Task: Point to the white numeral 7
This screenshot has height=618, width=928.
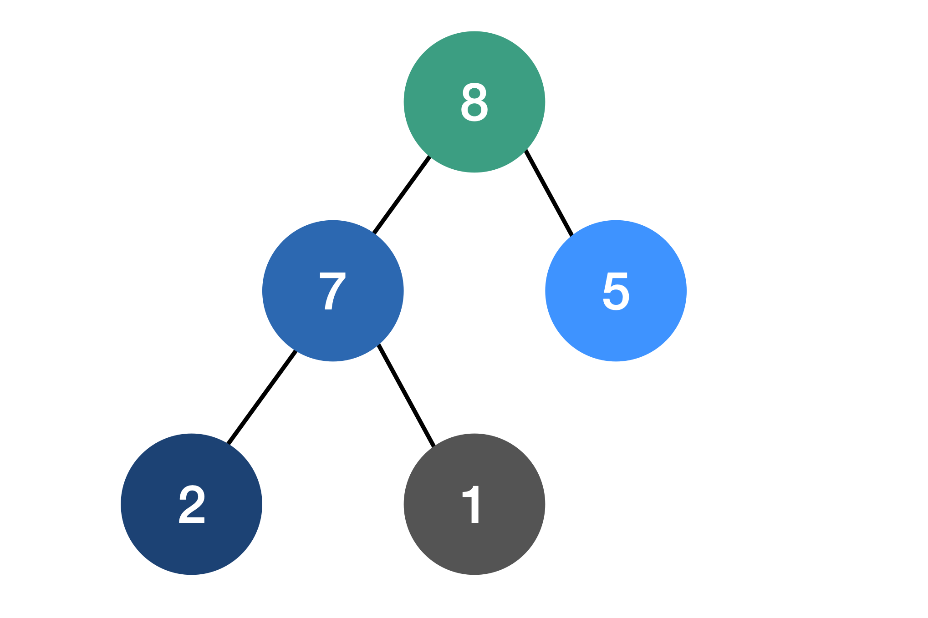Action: pyautogui.click(x=332, y=291)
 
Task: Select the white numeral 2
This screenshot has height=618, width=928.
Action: pyautogui.click(x=191, y=504)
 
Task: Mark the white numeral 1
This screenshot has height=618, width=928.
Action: pyautogui.click(x=472, y=504)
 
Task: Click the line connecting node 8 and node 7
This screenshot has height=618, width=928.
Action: pyautogui.click(x=402, y=195)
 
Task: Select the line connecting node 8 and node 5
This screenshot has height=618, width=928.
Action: pyautogui.click(x=549, y=192)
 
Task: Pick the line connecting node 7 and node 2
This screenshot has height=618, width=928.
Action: pyautogui.click(x=262, y=397)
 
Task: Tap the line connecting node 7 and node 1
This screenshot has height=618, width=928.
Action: pyautogui.click(x=406, y=395)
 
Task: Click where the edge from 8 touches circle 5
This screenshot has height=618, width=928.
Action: pyautogui.click(x=572, y=235)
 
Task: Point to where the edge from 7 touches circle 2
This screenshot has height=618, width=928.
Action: pyautogui.click(x=228, y=444)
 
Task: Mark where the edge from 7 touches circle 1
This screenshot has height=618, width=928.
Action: pyautogui.click(x=434, y=446)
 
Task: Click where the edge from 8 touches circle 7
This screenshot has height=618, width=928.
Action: pyautogui.click(x=374, y=233)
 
